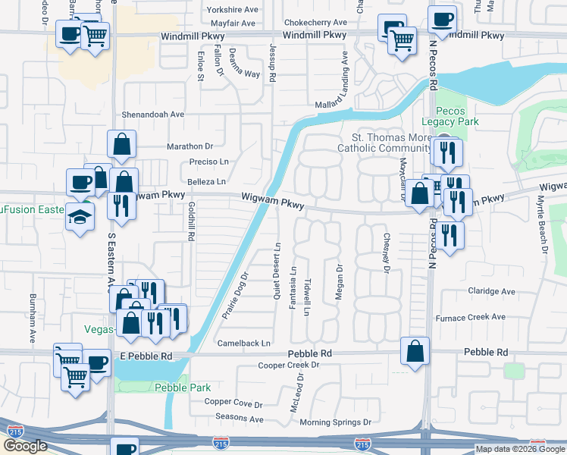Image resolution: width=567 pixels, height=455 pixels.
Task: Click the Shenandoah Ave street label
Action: [153, 115]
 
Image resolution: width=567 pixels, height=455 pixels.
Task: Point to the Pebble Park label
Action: [182, 388]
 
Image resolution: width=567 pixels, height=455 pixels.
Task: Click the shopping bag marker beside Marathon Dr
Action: [123, 143]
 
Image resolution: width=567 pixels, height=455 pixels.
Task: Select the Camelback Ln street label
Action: [244, 344]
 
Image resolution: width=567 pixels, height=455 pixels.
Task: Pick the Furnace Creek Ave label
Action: [470, 318]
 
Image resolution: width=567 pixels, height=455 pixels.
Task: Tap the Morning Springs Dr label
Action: [335, 422]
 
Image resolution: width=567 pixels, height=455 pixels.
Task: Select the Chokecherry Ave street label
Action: [315, 23]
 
